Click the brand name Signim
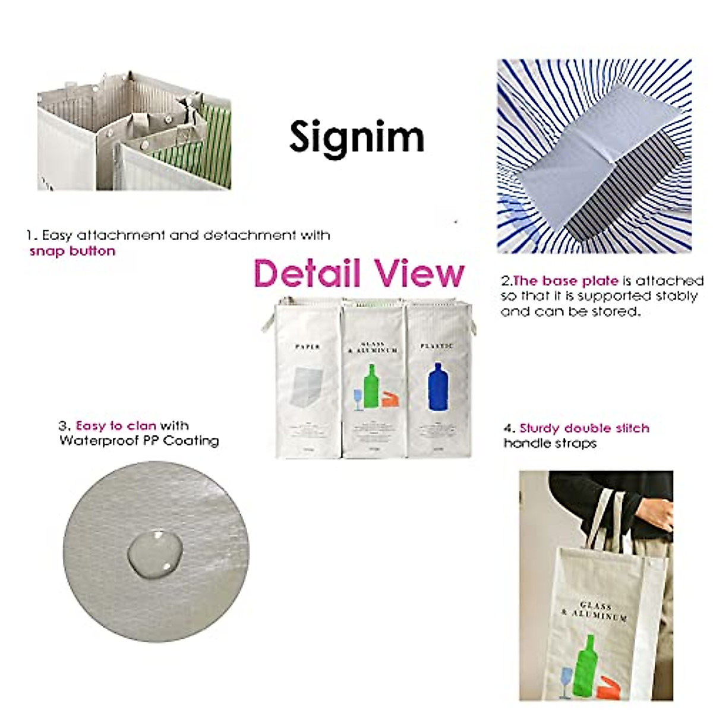tap(356, 137)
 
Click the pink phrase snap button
tap(72, 251)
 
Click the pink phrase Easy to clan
tap(116, 425)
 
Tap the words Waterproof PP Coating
tap(139, 441)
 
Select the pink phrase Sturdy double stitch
tap(584, 428)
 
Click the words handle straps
tap(550, 443)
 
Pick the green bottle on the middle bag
tap(371, 386)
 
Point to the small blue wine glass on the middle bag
tap(358, 399)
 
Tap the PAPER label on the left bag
tap(307, 346)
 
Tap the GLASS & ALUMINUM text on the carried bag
tap(595, 611)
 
